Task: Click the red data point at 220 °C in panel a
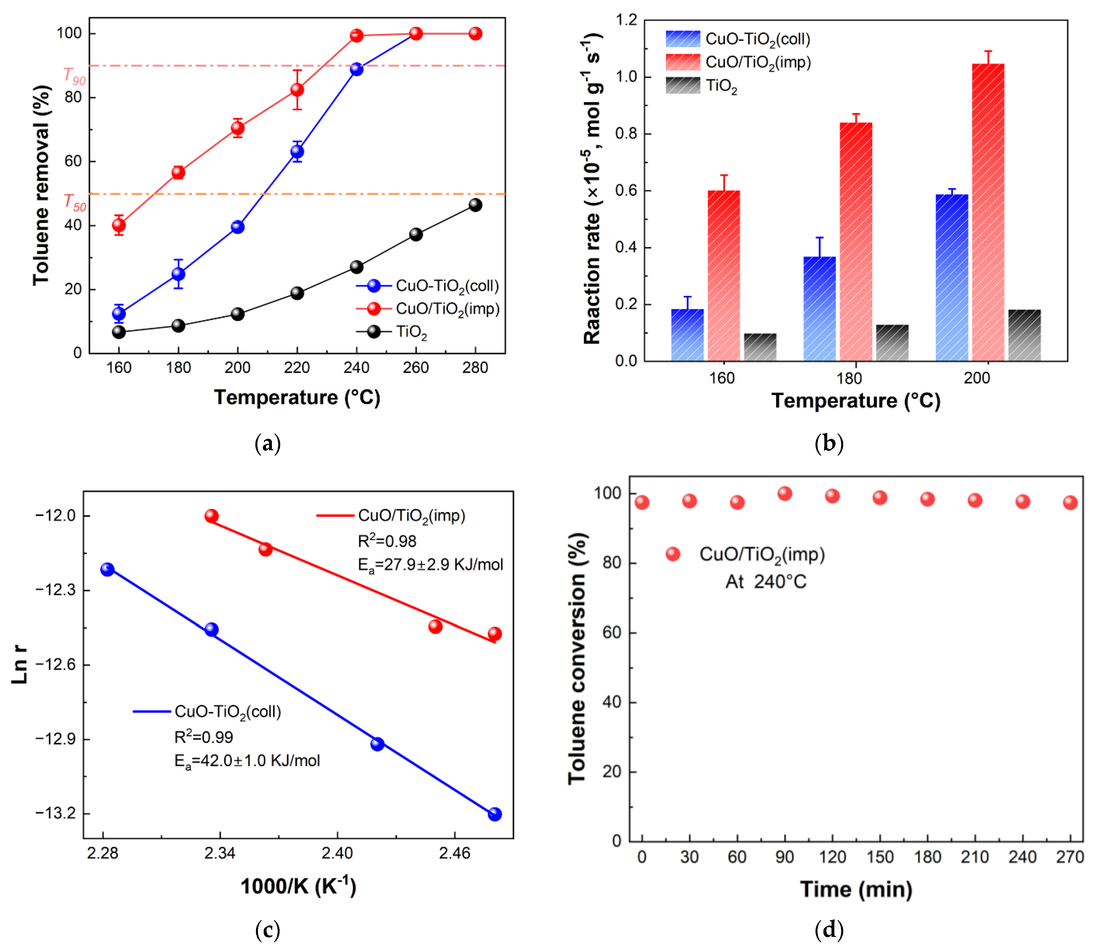297,89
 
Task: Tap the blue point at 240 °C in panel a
356,69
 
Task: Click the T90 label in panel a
74,76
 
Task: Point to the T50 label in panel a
75,202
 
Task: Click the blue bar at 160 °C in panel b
687,335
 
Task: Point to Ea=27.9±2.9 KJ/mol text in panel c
430,565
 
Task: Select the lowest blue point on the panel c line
494,814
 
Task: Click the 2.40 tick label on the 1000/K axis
337,853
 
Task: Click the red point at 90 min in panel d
785,493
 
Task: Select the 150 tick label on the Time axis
879,857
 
